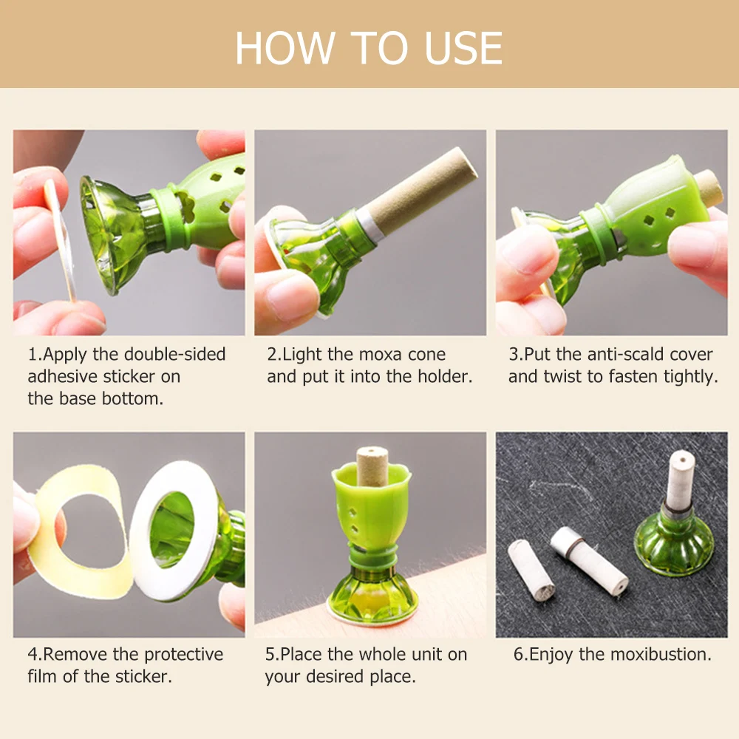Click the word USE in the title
click(x=464, y=48)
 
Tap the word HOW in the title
click(x=285, y=48)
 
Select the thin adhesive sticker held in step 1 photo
click(x=60, y=239)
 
